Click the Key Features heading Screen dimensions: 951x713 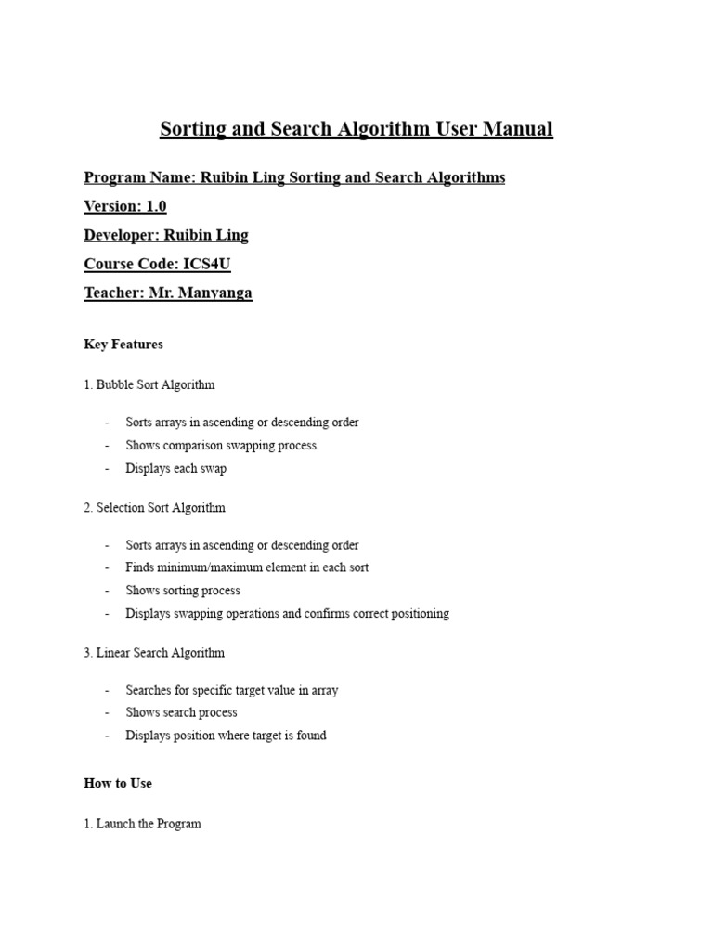[123, 345]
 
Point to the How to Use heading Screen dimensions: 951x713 [118, 783]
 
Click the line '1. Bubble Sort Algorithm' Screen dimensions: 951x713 [149, 384]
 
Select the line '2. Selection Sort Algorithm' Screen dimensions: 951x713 [154, 508]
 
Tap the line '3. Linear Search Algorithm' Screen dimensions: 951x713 [154, 653]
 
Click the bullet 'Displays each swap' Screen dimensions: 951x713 [175, 468]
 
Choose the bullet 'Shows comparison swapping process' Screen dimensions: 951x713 [221, 446]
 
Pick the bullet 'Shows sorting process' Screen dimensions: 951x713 [183, 591]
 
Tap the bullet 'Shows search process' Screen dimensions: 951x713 [181, 712]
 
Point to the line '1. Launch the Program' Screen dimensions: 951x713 [142, 824]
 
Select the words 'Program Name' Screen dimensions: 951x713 [138, 177]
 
